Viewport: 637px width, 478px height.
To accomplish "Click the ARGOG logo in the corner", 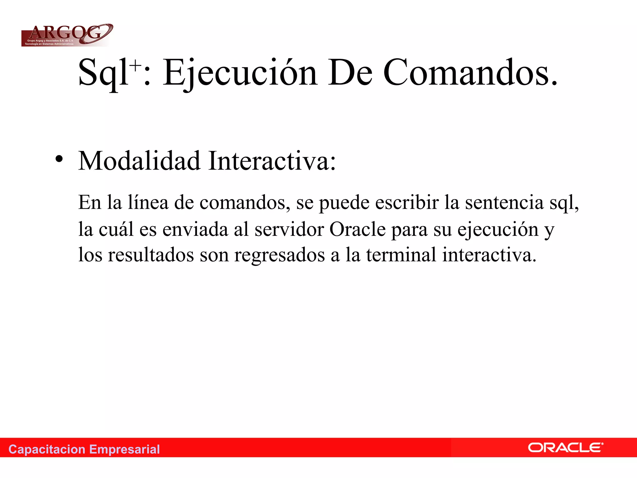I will coord(67,35).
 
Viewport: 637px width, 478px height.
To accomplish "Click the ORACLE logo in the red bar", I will coord(565,448).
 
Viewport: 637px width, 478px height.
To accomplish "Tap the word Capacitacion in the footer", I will coord(47,449).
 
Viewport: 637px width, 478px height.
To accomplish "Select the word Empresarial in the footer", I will coord(124,449).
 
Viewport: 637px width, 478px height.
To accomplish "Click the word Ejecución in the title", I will coord(239,73).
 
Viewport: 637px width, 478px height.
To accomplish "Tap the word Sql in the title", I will coord(103,73).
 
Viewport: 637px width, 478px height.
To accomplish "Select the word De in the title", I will coord(350,73).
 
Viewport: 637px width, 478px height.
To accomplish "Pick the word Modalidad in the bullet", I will coord(139,161).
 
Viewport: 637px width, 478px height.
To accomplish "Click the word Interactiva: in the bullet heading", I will coord(272,161).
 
